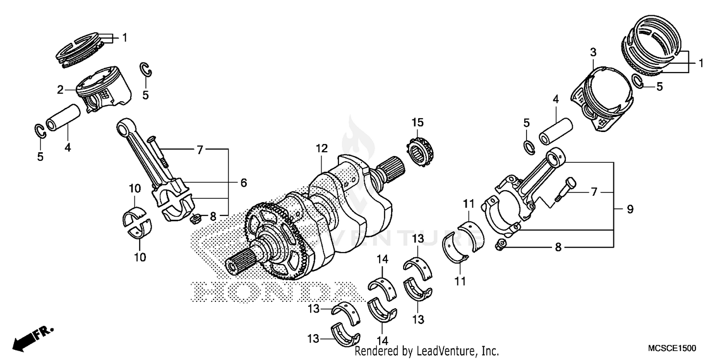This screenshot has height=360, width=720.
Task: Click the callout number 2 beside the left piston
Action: point(73,89)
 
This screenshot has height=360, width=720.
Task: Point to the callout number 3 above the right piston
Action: point(593,51)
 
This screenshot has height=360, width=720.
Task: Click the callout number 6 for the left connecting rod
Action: point(243,182)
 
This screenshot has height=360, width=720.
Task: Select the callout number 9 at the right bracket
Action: point(630,209)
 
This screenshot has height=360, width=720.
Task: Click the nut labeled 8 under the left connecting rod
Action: point(195,219)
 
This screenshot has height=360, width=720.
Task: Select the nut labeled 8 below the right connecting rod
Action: point(499,246)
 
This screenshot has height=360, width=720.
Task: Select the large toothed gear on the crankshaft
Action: point(274,240)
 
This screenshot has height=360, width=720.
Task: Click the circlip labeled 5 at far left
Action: point(40,131)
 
